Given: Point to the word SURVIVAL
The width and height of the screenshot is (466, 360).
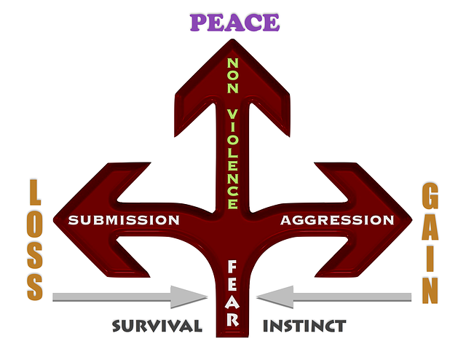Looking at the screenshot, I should (x=157, y=325).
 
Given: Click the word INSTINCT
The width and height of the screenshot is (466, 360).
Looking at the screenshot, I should (x=304, y=325).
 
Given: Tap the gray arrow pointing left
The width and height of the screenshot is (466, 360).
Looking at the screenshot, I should (x=334, y=297).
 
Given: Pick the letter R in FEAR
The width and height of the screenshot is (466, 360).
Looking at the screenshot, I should (x=233, y=318).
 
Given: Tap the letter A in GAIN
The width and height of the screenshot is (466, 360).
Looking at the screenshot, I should (x=430, y=228).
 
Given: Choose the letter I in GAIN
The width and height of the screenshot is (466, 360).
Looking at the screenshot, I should (x=430, y=258).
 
